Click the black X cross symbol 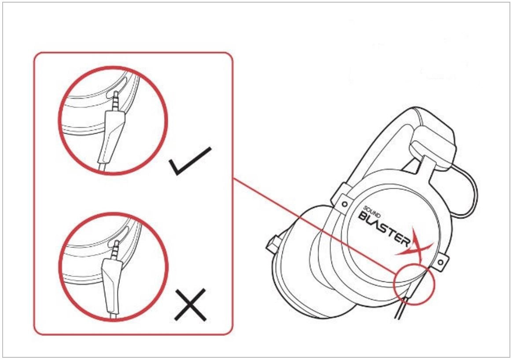point(190,305)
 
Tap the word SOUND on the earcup point(372,212)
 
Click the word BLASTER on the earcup point(384,229)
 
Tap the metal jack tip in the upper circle point(116,101)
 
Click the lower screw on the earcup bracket point(440,262)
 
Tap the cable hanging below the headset point(401,307)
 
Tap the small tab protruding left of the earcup point(273,244)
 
